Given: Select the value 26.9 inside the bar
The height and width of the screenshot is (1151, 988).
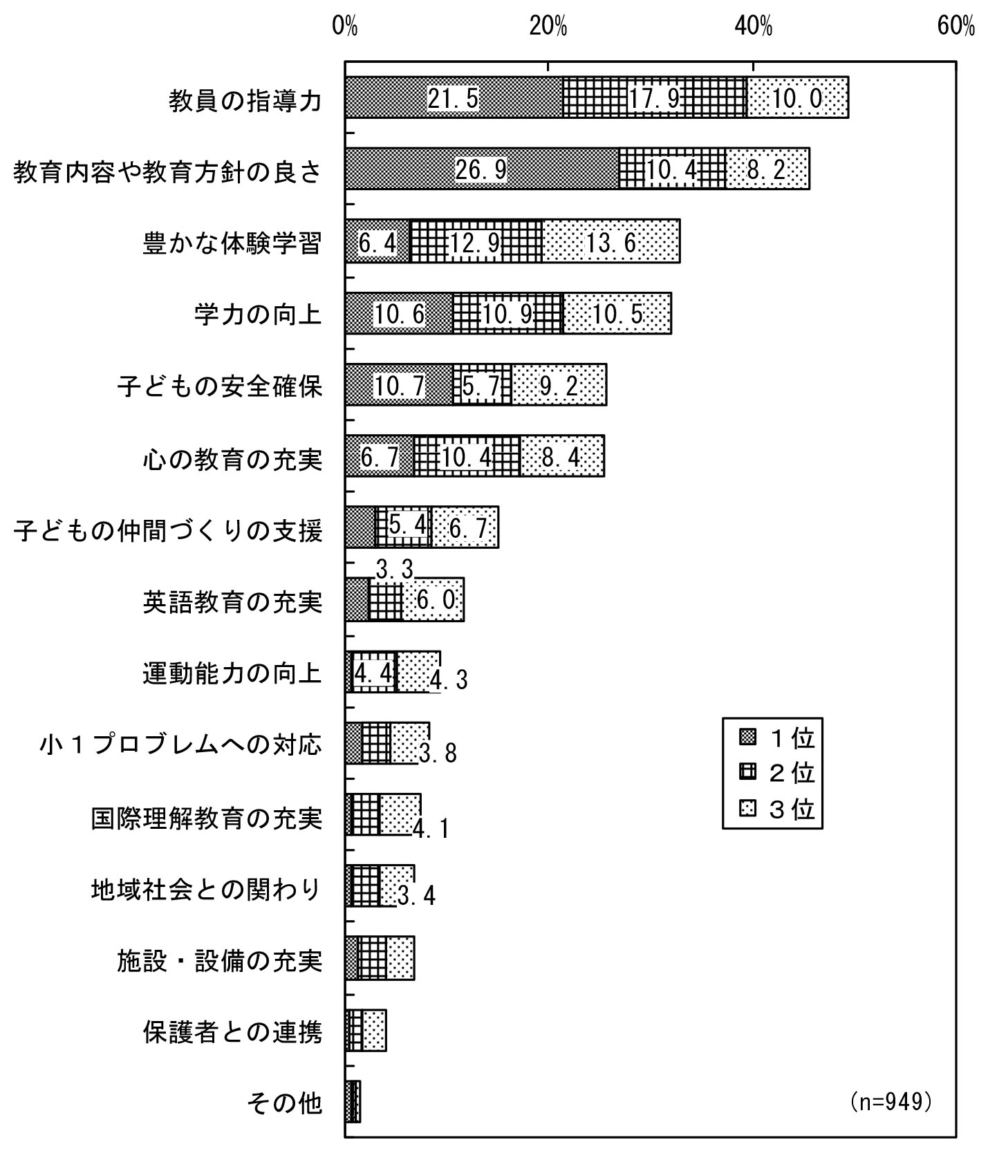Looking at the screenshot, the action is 481,169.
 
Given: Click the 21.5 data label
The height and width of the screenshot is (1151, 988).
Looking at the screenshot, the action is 453,98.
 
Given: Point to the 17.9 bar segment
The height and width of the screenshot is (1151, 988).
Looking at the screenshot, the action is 655,97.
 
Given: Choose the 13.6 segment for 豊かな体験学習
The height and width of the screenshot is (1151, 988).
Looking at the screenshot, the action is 611,241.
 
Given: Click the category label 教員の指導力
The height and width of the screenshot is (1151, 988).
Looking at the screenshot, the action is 245,101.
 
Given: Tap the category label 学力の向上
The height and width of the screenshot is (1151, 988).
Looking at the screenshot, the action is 259,315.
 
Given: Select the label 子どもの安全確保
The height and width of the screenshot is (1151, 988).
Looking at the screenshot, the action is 220,386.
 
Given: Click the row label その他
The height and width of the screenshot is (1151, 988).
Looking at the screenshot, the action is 284,1103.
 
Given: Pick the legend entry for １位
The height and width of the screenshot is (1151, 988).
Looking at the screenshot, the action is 777,738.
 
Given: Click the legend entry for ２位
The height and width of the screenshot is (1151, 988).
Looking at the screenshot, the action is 777,773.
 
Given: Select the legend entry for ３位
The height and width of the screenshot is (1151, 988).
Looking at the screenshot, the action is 777,808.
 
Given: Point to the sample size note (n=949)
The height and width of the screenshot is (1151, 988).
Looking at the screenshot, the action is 892,1101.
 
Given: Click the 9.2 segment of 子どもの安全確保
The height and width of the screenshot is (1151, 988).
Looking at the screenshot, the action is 559,384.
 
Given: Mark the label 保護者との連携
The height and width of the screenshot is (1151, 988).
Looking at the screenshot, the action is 232,1032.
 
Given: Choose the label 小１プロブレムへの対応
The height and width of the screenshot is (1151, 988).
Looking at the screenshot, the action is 181,745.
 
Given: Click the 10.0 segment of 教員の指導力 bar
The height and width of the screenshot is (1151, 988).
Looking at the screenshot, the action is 798,97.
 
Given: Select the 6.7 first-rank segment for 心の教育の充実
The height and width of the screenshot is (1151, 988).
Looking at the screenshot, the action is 380,456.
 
